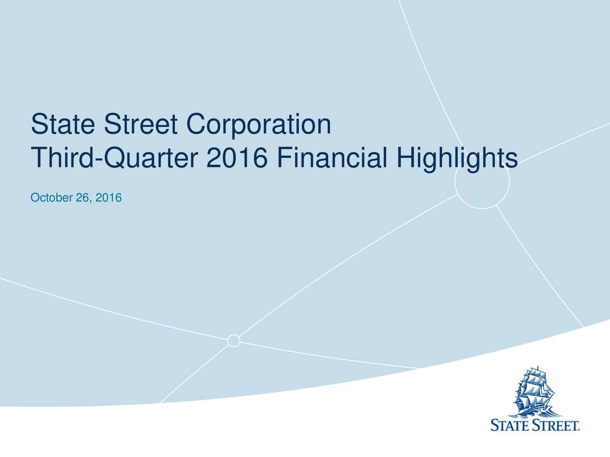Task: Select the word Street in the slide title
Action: click(x=142, y=125)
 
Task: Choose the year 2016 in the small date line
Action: click(x=109, y=197)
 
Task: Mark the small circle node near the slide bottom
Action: click(x=234, y=341)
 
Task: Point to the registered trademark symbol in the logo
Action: click(x=579, y=429)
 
